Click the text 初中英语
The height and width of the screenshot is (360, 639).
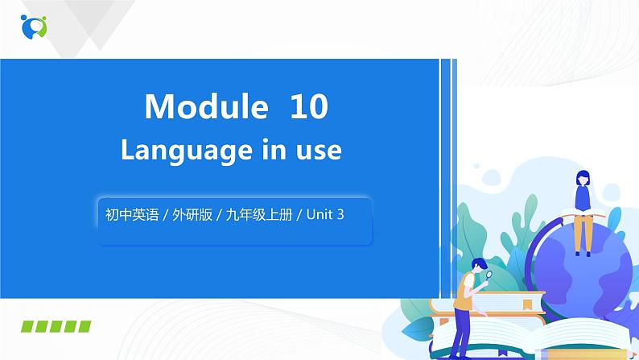coord(126,216)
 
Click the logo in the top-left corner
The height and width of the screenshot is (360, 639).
coord(34,26)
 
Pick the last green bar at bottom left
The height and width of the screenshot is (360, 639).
coord(84,326)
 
